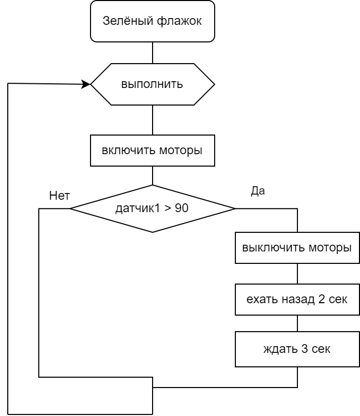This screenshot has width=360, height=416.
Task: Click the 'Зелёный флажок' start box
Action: (153, 21)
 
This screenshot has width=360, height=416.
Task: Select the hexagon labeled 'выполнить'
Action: (153, 84)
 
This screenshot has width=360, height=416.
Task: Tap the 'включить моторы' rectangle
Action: (153, 151)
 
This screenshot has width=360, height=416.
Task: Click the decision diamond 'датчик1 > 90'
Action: (153, 209)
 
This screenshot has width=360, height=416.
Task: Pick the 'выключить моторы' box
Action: (297, 248)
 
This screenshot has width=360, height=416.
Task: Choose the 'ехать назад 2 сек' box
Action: (297, 300)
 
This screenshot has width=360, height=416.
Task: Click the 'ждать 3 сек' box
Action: (297, 349)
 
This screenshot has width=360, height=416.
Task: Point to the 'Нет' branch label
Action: (59, 196)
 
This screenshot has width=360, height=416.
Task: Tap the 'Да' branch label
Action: (258, 191)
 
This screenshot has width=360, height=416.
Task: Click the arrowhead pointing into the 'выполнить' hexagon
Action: (86, 84)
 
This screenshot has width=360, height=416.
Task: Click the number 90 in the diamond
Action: (182, 208)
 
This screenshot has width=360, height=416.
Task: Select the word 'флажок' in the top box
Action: (179, 21)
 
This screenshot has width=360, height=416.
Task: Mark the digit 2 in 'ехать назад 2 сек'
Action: (321, 299)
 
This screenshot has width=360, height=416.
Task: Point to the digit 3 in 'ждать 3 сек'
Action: (305, 349)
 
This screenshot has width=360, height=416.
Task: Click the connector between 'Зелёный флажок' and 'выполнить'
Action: (153, 53)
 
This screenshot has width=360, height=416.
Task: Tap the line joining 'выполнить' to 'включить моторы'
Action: (153, 120)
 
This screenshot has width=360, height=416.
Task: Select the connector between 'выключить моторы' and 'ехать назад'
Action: (297, 274)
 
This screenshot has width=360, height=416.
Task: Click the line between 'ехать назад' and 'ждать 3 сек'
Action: (297, 323)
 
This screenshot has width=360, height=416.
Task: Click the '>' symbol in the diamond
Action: (168, 209)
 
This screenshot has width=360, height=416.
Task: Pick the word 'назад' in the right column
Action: (298, 300)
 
